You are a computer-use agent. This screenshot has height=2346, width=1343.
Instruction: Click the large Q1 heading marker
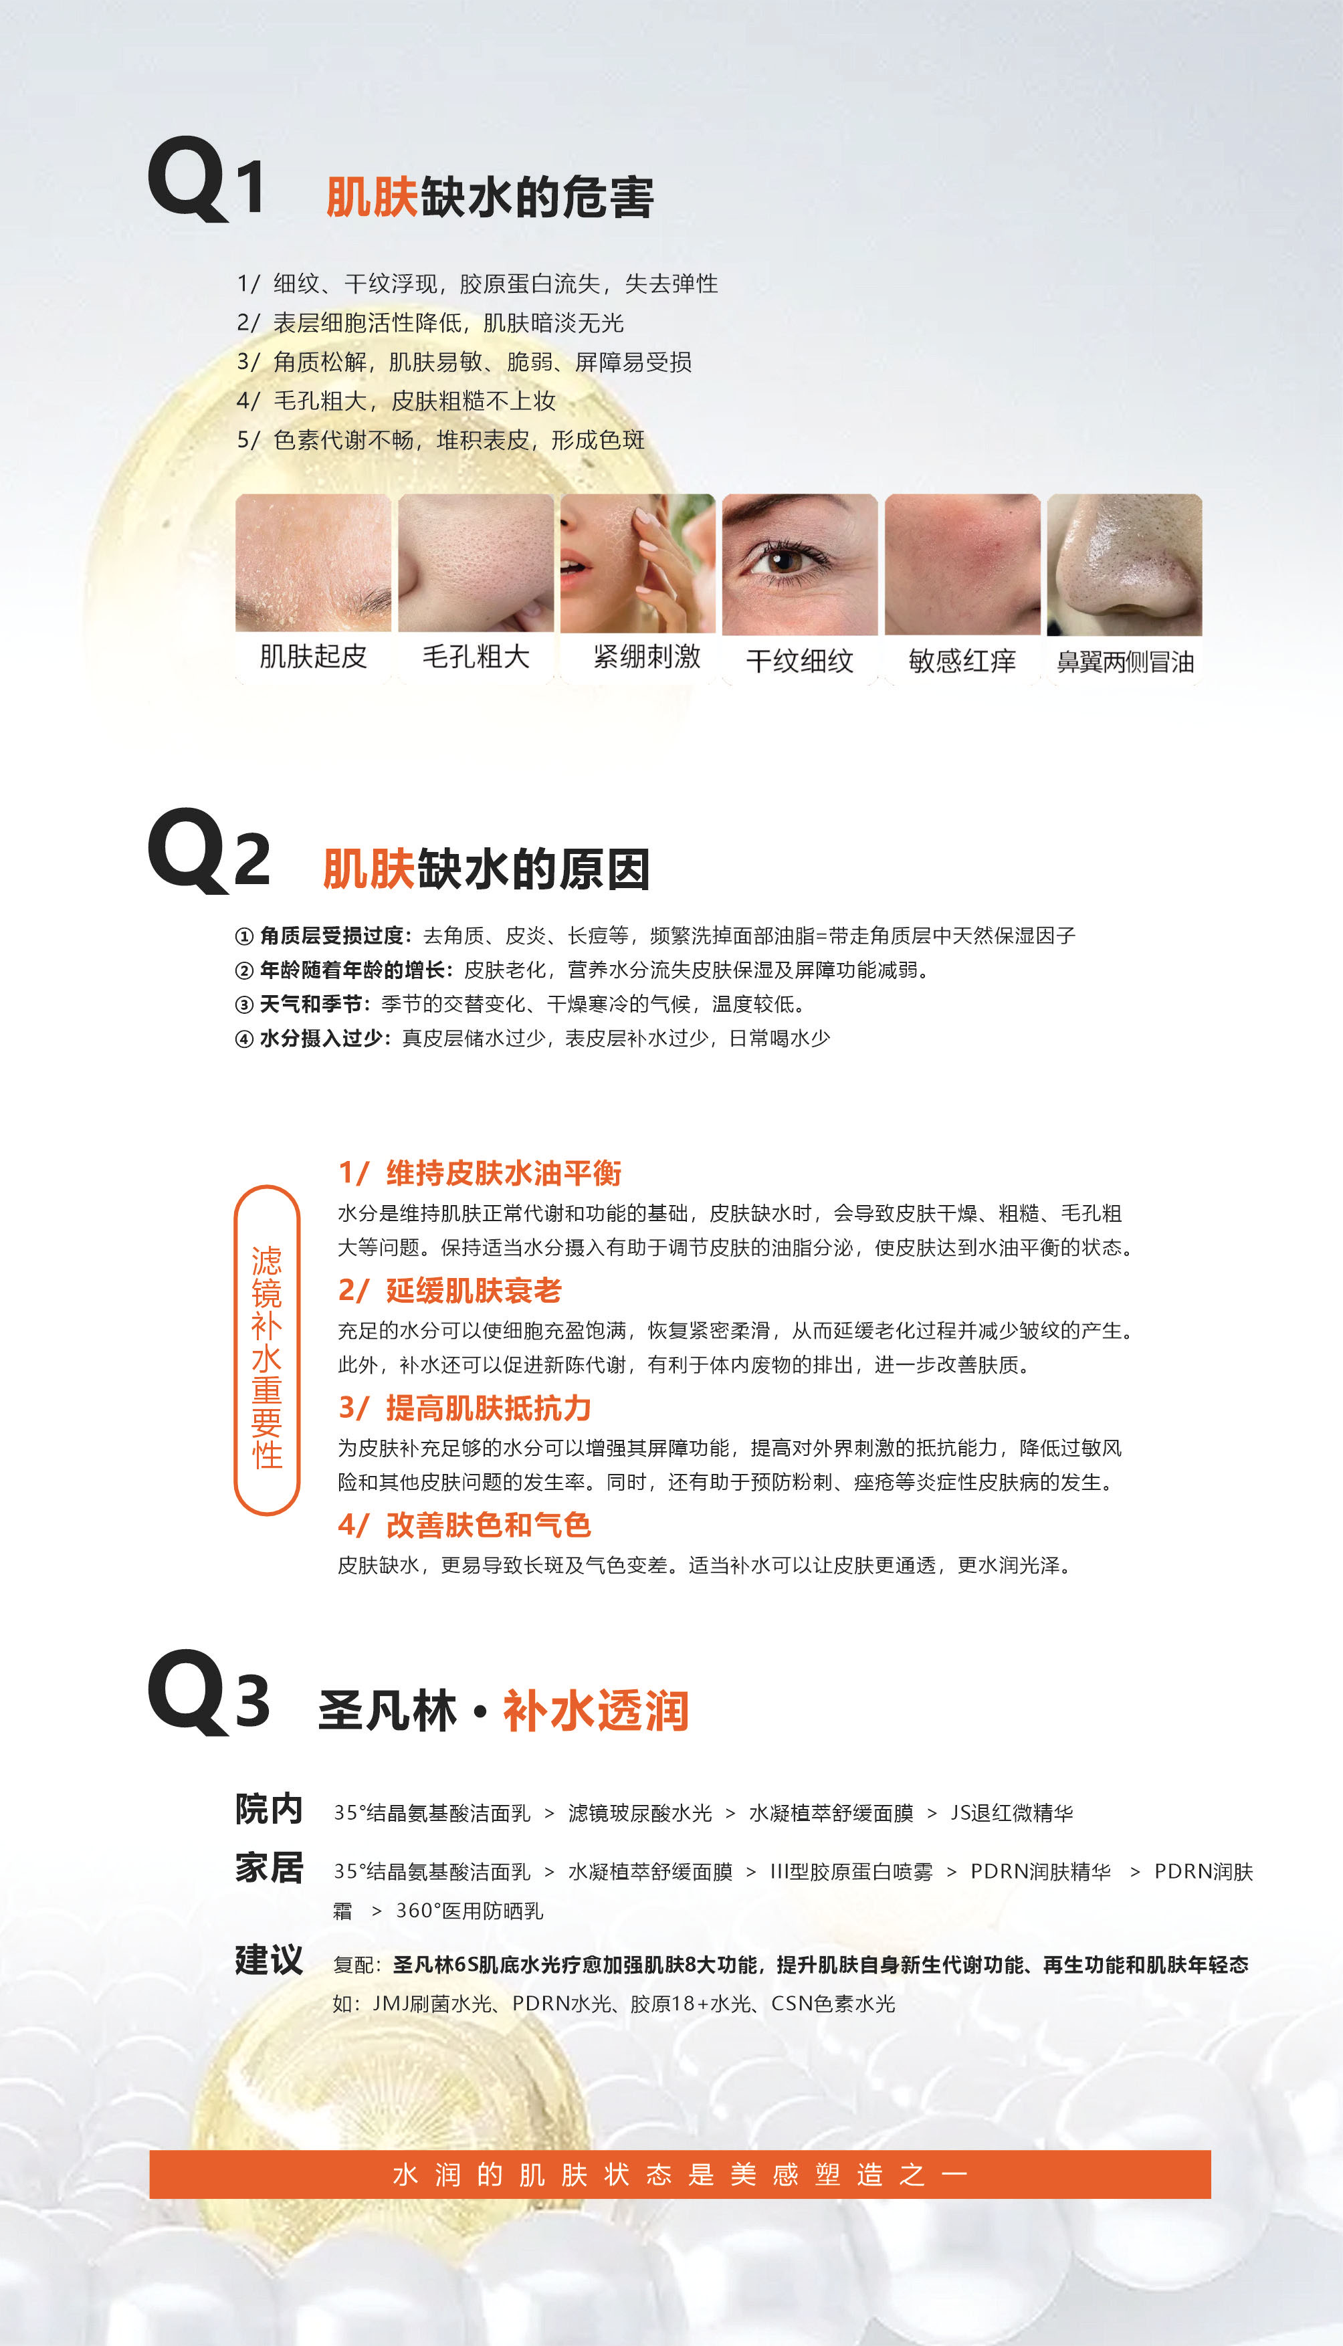coord(207,178)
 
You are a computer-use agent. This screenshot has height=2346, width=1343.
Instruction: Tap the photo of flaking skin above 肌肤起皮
coord(314,562)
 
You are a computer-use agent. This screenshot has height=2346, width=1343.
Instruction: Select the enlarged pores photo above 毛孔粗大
coord(476,562)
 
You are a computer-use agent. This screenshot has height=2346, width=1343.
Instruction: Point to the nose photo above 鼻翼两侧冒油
coord(1124,564)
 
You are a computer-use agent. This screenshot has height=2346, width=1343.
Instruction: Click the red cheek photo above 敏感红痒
coord(962,564)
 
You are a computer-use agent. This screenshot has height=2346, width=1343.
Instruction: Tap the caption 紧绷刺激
coord(647,657)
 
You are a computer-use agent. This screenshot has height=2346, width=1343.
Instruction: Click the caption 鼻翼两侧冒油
coord(1126,661)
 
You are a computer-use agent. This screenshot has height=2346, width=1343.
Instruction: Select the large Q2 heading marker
coord(209,850)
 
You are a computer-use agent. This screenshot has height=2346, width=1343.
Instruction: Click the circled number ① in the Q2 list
coord(244,937)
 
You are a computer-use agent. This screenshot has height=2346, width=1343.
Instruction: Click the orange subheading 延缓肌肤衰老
coord(473,1290)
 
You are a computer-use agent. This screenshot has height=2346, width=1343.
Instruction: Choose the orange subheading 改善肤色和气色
coord(488,1525)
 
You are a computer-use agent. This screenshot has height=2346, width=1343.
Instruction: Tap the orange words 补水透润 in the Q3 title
coord(596,1711)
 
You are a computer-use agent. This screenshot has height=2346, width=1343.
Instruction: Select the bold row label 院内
coord(268,1809)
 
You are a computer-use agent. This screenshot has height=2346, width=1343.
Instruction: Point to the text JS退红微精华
coord(1012,1813)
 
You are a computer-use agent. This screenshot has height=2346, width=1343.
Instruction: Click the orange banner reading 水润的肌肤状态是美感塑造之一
coord(680,2175)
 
